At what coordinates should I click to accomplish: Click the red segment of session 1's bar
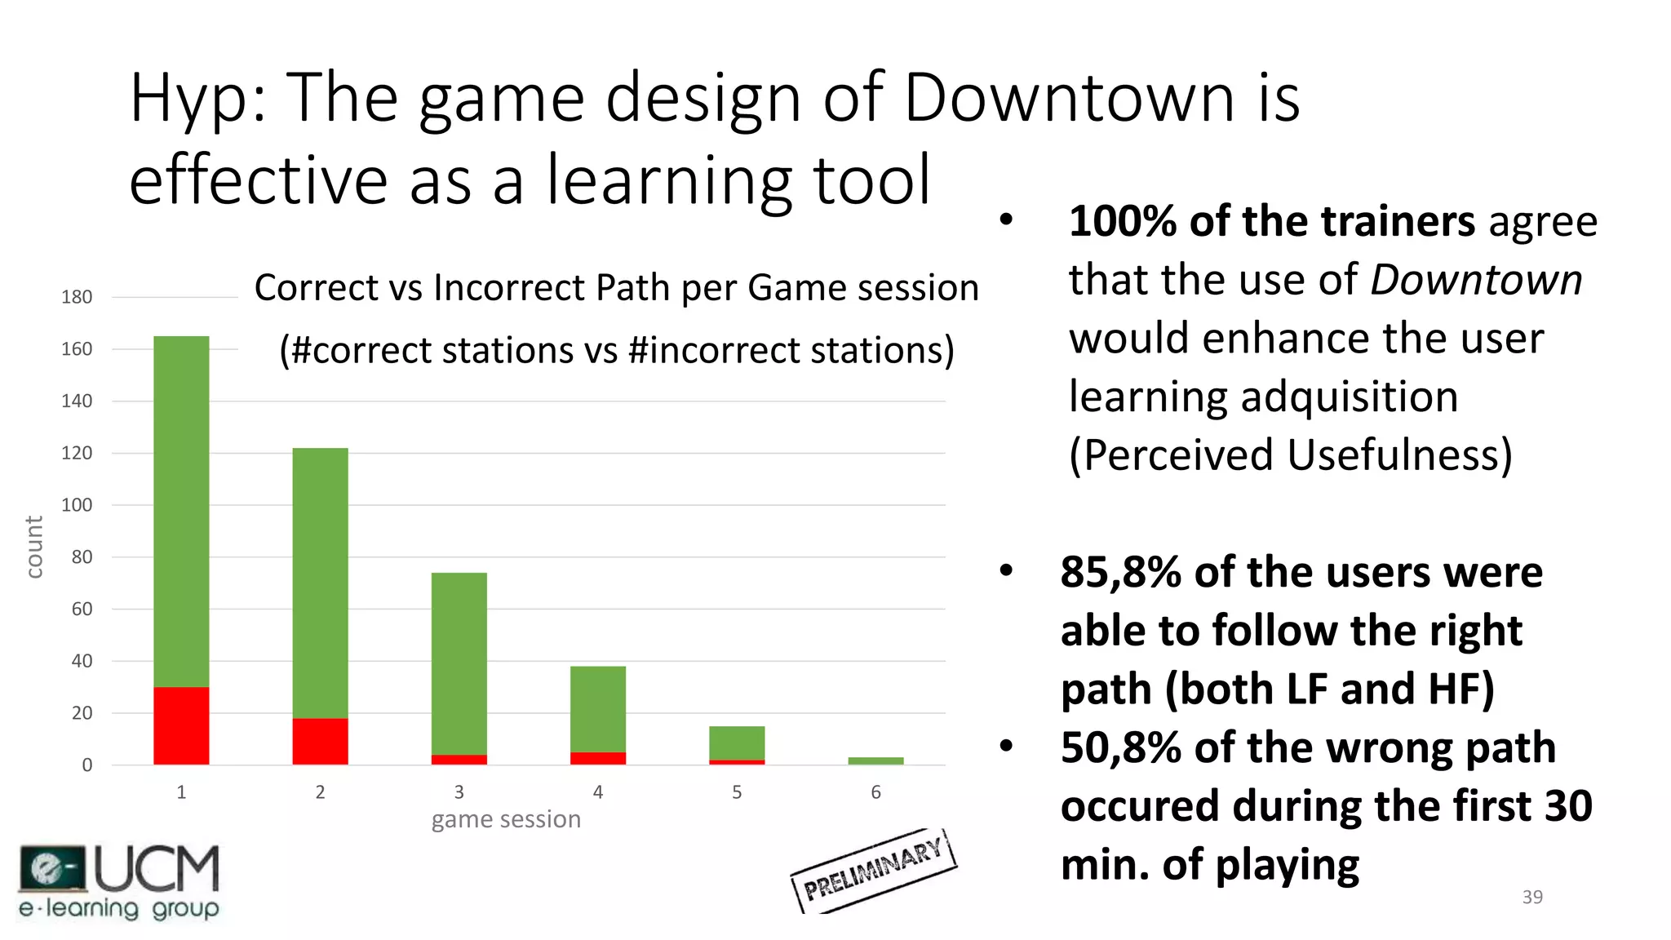tap(181, 725)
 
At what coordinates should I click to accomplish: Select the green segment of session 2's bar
tap(320, 583)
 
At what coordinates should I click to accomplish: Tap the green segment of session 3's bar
tap(459, 663)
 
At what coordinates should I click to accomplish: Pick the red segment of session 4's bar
tap(597, 758)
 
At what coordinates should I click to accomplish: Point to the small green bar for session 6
tap(875, 760)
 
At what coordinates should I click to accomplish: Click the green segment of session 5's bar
tap(737, 743)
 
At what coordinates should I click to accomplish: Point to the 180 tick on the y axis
tap(77, 297)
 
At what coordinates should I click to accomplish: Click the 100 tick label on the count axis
tap(77, 505)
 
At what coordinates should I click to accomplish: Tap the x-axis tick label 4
tap(597, 792)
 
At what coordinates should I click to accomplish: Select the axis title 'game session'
tap(506, 819)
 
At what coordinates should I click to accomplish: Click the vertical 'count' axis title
tap(33, 547)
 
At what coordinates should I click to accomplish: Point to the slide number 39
tap(1532, 897)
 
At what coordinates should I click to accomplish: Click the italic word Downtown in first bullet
tap(1476, 280)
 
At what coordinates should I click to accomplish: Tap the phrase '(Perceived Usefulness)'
tap(1290, 454)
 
